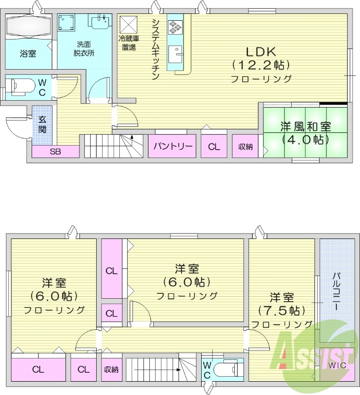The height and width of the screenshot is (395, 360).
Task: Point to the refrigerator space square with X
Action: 130,24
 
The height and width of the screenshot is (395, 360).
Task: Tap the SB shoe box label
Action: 55,152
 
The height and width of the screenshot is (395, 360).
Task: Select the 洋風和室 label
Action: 305,126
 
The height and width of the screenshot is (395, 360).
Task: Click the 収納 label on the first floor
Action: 245,147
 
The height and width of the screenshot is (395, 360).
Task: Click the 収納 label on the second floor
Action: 111,369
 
